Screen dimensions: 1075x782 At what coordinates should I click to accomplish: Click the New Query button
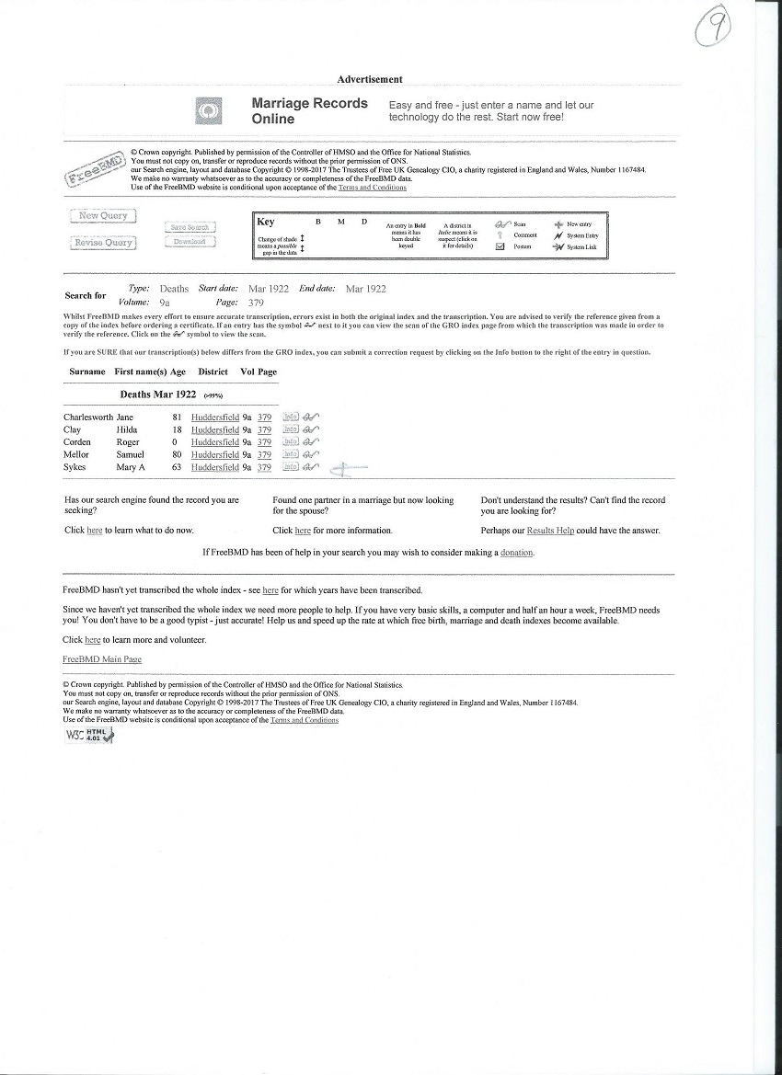(103, 216)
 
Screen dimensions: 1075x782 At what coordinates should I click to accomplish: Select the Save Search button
(190, 227)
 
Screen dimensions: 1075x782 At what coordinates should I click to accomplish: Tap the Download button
(190, 242)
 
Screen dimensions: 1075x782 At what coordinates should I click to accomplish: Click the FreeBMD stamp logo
(95, 168)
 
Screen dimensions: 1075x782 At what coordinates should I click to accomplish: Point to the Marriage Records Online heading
(309, 111)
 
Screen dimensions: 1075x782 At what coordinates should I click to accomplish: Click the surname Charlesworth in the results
(87, 417)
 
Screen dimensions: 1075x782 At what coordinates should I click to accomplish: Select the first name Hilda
(126, 430)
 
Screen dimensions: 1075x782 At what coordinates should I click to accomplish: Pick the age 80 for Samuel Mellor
(176, 454)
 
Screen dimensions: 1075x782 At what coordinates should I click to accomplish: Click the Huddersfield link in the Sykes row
(214, 467)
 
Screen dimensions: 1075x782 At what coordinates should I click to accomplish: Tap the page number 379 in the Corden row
(264, 442)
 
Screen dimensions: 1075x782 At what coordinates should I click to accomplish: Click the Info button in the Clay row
(290, 430)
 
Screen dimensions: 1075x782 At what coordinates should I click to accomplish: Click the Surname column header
(86, 372)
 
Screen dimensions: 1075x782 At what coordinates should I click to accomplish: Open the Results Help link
(550, 531)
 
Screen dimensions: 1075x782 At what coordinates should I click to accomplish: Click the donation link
(516, 553)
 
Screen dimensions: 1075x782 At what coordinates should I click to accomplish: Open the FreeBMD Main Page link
(102, 659)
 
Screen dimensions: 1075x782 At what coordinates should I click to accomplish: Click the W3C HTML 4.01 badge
(88, 735)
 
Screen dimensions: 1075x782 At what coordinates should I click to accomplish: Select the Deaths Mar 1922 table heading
(157, 395)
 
